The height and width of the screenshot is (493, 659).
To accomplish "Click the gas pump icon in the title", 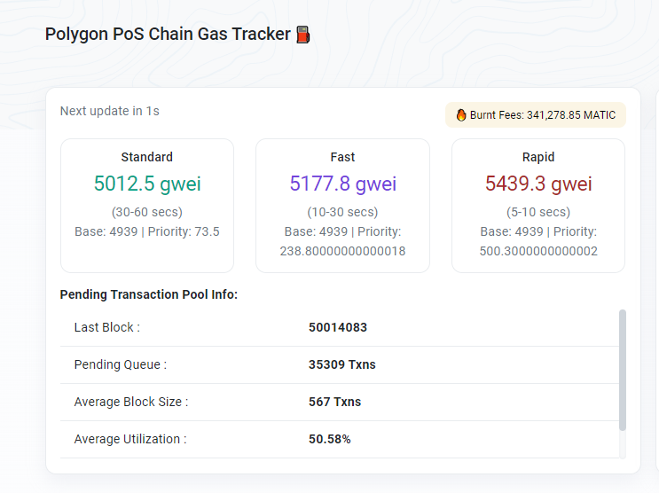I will point(303,35).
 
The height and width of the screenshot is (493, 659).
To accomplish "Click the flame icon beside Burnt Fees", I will point(461,115).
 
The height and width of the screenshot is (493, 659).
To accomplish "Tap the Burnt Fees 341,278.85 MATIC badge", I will point(535,115).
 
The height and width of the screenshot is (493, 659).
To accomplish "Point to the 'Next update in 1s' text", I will point(109,111).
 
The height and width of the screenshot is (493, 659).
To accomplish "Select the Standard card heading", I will point(146,157).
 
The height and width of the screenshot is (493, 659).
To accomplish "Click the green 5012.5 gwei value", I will point(147,184).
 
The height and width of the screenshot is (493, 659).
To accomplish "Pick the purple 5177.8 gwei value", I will point(342,184).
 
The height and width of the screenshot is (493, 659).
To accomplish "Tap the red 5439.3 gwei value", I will point(538,184).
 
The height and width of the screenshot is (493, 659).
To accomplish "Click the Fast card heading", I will point(342,157).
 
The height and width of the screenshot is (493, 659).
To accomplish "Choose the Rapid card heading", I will point(538,157).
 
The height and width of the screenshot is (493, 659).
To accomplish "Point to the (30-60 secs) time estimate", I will point(147,212).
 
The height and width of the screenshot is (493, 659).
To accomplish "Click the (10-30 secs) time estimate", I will point(342,212).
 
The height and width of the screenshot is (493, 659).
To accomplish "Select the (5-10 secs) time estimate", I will point(538,212).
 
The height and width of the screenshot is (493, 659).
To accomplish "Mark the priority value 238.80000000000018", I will point(342,251).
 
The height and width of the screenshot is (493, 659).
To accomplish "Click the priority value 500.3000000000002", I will point(538,251).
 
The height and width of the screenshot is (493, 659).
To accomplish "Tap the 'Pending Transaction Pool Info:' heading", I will point(148,294).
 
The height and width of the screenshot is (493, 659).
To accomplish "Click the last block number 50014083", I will point(338,327).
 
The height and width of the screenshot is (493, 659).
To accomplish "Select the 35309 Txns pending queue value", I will point(342,364).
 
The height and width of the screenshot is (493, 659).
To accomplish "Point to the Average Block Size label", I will point(130,402).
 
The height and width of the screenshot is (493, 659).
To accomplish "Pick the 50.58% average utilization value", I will point(330,439).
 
